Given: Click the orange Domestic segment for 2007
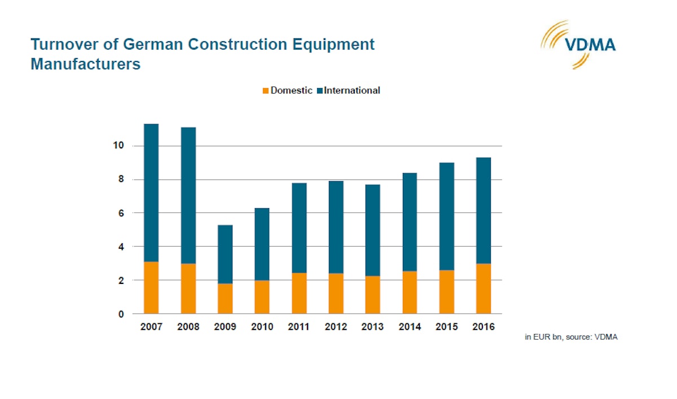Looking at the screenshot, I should click(151, 288).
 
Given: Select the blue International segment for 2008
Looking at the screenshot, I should click(188, 195).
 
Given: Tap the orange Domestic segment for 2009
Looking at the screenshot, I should click(225, 299).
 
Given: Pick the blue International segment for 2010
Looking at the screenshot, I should click(262, 244).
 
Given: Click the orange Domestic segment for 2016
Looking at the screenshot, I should click(483, 288).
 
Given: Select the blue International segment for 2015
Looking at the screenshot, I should click(446, 216).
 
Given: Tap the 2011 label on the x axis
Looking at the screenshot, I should click(299, 327).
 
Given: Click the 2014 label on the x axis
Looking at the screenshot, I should click(410, 327).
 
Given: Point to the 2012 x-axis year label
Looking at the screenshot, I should click(336, 327).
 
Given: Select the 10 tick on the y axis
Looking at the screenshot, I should click(118, 146).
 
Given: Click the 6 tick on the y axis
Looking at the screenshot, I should click(121, 213).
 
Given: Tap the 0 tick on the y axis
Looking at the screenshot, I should click(121, 314).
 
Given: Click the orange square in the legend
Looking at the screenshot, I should click(266, 90).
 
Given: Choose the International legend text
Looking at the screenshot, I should click(351, 90).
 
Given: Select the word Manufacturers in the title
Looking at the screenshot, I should click(85, 64).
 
